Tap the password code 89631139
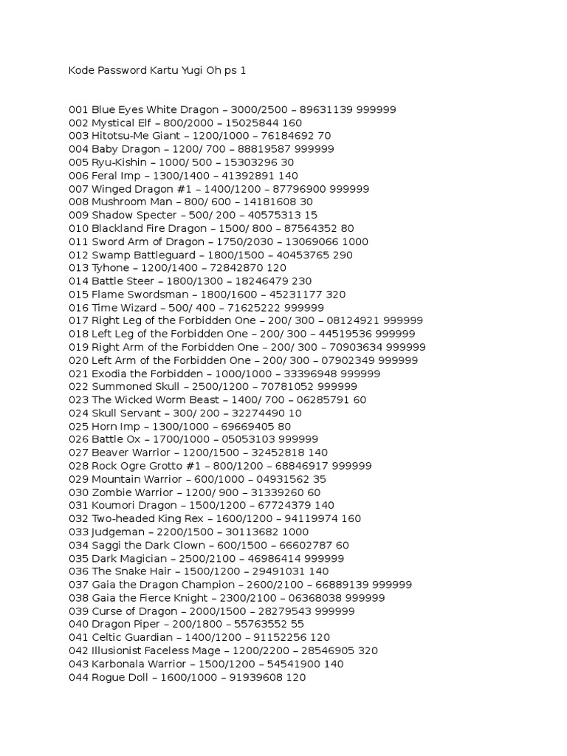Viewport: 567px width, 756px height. [326, 110]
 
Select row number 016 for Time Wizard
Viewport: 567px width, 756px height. [78, 308]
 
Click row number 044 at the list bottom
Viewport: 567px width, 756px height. [78, 677]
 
